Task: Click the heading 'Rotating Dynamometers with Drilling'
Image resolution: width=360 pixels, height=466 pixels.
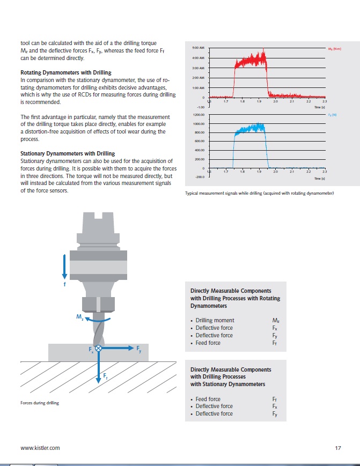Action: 65,72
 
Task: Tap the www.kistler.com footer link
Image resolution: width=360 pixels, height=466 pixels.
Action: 40,448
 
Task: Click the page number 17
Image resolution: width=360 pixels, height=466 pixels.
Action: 337,448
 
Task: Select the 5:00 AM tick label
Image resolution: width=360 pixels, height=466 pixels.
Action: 196,48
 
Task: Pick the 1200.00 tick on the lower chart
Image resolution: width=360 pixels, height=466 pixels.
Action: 195,115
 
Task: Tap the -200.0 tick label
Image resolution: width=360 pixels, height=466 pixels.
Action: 196,176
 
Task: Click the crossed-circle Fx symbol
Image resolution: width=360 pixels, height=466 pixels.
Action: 98,349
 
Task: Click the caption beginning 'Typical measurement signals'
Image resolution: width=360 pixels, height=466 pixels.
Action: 259,194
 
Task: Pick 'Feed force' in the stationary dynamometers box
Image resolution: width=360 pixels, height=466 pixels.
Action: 208,399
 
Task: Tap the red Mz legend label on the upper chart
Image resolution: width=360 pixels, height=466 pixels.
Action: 335,49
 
